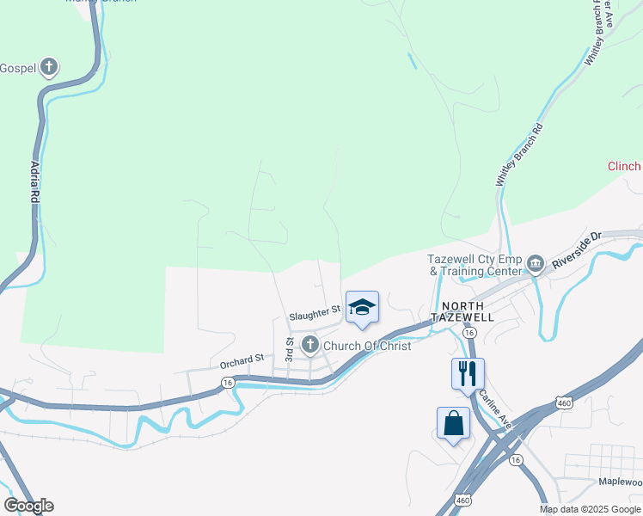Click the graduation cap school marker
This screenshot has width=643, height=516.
[x=362, y=307]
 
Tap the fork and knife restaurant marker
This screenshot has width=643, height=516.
[x=468, y=374]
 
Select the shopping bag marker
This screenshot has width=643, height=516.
[x=453, y=423]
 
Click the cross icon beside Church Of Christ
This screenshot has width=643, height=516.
[x=309, y=346]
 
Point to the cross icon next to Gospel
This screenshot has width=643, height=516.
[x=50, y=67]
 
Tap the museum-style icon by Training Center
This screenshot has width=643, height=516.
[x=536, y=262]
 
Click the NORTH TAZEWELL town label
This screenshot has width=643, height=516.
[x=468, y=311]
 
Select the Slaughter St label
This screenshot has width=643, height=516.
[x=315, y=316]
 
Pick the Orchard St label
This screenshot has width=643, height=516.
[x=242, y=359]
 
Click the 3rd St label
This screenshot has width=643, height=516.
[x=290, y=347]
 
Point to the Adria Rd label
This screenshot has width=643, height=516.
[x=35, y=181]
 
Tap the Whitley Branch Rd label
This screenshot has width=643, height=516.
[x=520, y=156]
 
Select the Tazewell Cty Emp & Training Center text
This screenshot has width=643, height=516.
[x=475, y=265]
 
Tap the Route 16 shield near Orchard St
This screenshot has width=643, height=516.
[x=227, y=382]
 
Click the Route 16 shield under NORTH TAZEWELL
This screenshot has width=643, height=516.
[x=468, y=331]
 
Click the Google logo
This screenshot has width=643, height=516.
[x=28, y=506]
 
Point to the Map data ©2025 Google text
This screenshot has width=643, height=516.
[x=590, y=509]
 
